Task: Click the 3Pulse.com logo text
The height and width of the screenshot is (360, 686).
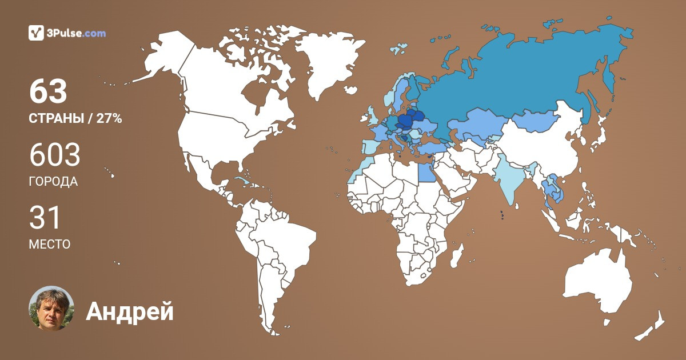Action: [75, 33]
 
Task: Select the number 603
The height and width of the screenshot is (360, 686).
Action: [54, 155]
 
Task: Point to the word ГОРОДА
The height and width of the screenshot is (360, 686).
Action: [53, 182]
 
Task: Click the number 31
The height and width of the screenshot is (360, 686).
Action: [45, 218]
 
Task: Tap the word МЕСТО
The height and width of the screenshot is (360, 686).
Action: [50, 244]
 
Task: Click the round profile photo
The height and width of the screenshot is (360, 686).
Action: [51, 309]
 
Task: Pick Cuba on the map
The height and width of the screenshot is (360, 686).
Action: [246, 182]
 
